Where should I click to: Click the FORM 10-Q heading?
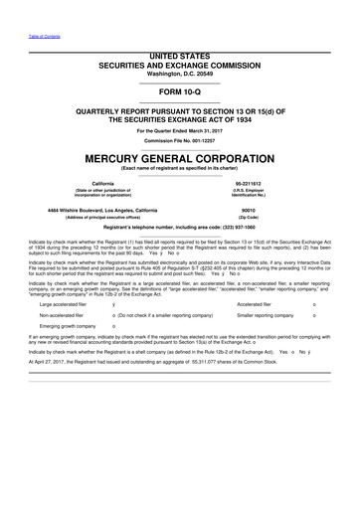point(179,86)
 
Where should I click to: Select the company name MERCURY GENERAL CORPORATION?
point(179,157)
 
